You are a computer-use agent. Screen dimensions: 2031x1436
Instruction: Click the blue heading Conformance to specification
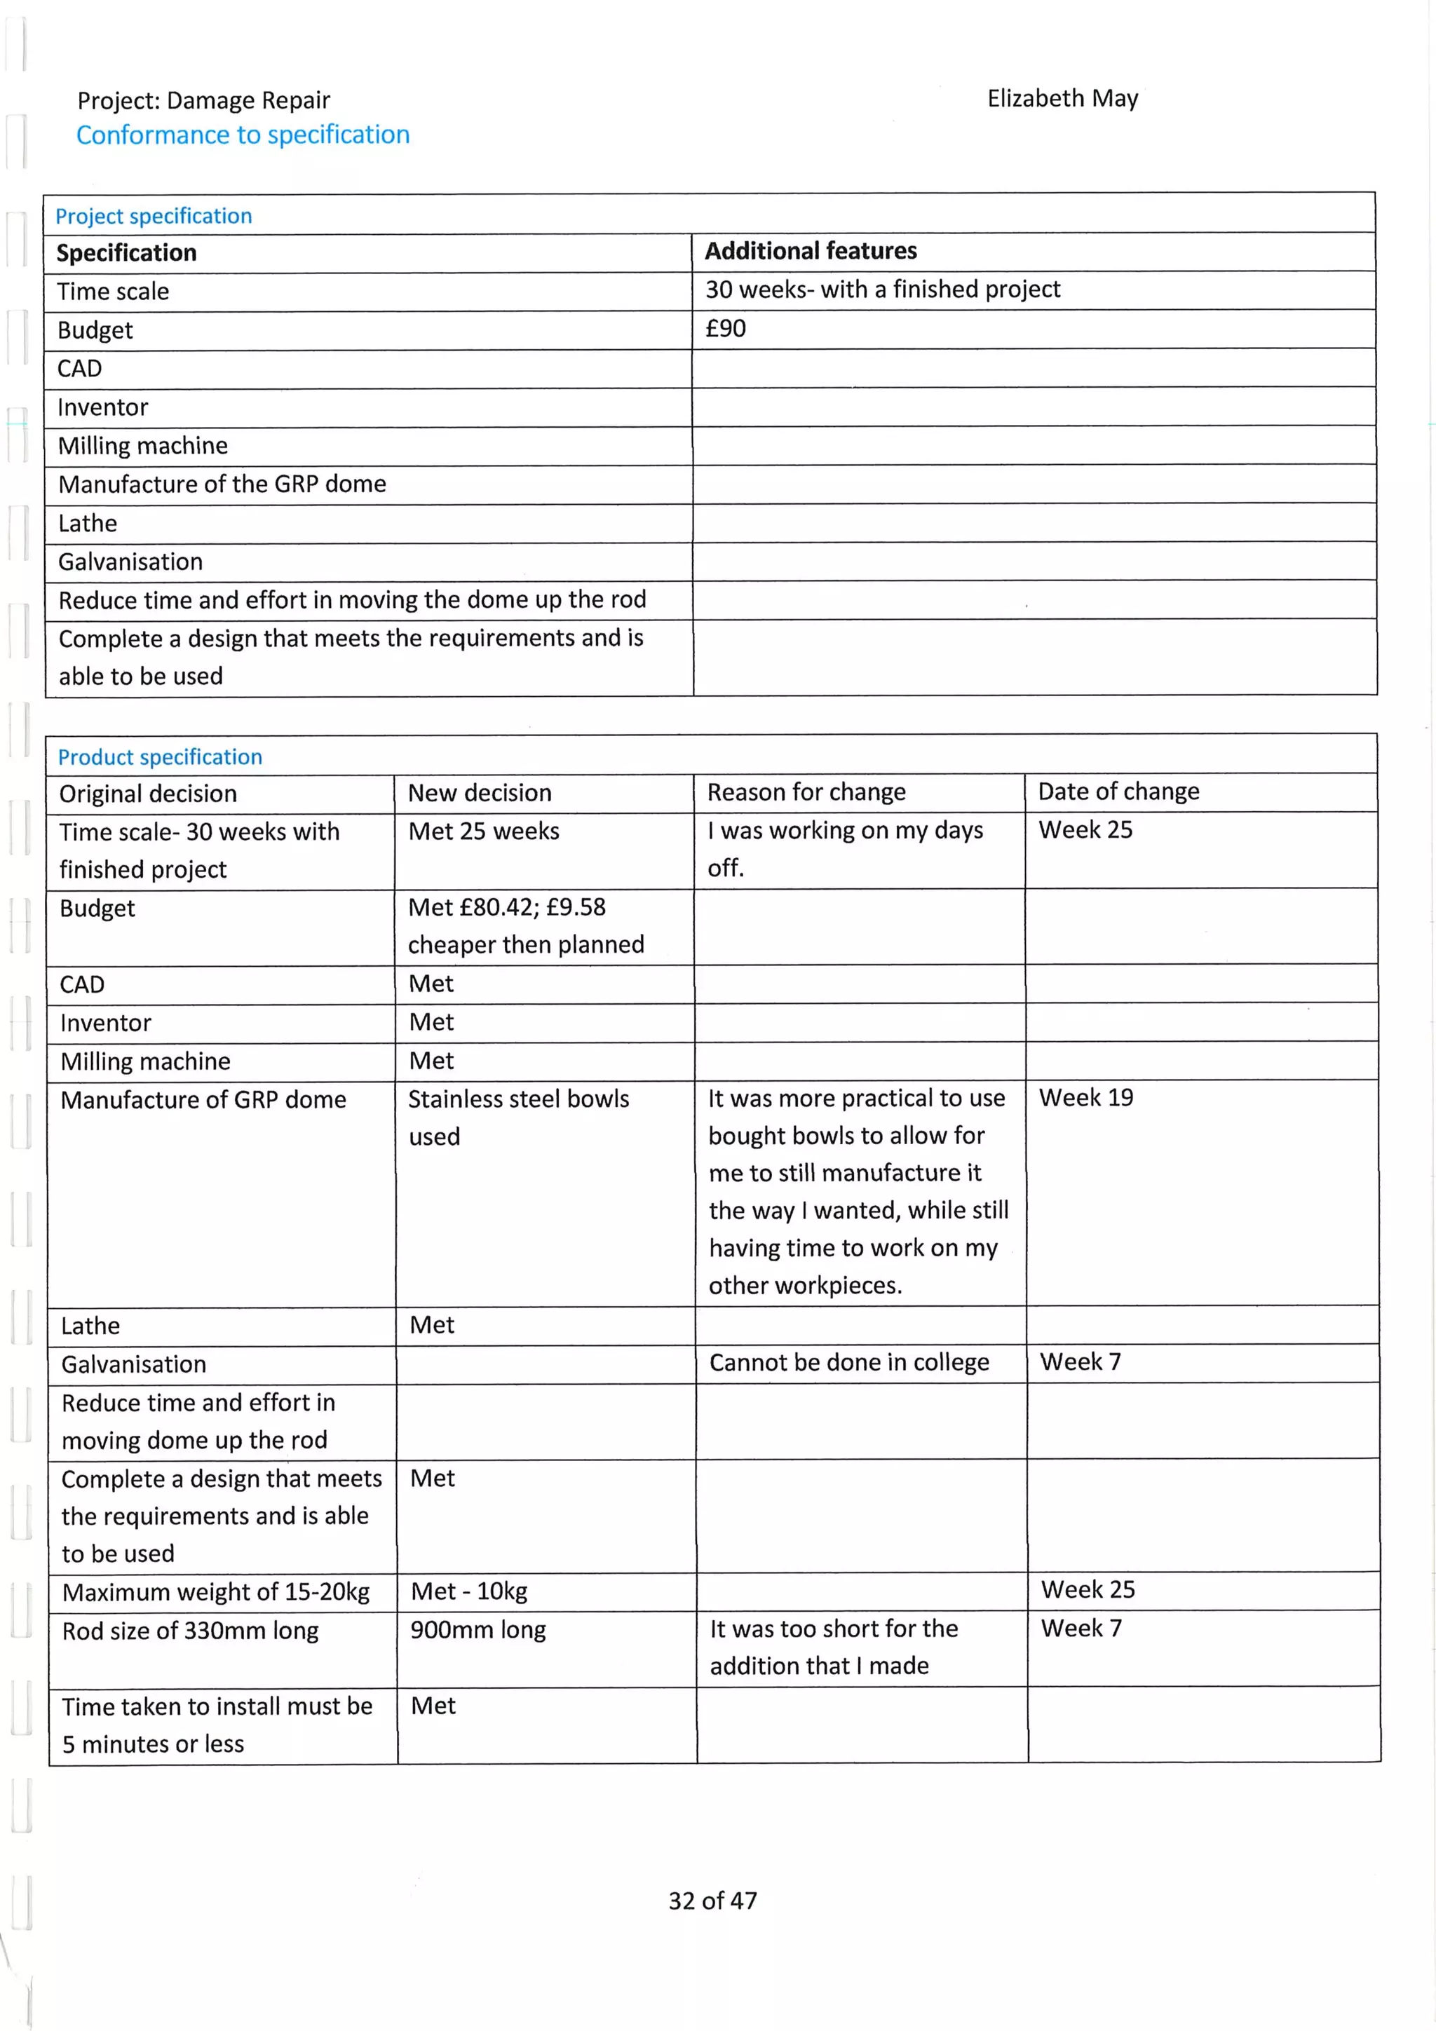point(243,135)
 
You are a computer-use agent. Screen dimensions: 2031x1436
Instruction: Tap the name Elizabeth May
point(1062,98)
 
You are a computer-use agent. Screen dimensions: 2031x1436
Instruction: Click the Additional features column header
point(811,251)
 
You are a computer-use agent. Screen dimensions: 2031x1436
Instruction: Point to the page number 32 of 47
point(712,1900)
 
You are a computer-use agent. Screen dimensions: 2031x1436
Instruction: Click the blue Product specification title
point(160,757)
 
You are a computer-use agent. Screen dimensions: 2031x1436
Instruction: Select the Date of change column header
point(1118,792)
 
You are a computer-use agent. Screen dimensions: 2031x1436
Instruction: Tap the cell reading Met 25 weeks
point(484,831)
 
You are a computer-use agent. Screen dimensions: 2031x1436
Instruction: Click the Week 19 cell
point(1085,1098)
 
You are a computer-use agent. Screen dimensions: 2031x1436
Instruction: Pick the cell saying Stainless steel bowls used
point(518,1118)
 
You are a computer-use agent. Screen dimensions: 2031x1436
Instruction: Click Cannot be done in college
point(848,1362)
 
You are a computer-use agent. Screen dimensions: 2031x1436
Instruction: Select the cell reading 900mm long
point(477,1629)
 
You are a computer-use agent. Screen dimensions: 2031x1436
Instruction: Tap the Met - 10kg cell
point(469,1591)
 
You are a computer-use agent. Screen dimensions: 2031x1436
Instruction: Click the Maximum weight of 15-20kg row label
point(216,1592)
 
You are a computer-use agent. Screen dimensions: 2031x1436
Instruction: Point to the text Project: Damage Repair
point(203,101)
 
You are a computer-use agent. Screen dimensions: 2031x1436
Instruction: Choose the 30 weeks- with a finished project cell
point(882,290)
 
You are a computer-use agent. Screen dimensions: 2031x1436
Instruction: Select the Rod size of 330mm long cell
point(190,1630)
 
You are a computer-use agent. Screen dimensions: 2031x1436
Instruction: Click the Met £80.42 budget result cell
point(526,926)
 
